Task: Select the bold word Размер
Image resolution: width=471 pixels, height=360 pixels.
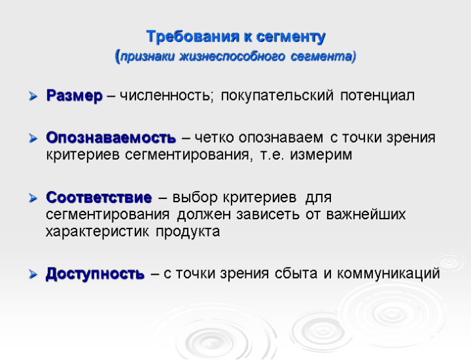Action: (74, 98)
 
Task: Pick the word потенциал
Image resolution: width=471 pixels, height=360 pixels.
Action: (375, 98)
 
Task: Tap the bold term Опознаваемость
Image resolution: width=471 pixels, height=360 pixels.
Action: (111, 138)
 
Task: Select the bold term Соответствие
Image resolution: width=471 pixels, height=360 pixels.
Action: (99, 197)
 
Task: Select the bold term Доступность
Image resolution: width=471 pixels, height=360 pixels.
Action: (95, 274)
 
